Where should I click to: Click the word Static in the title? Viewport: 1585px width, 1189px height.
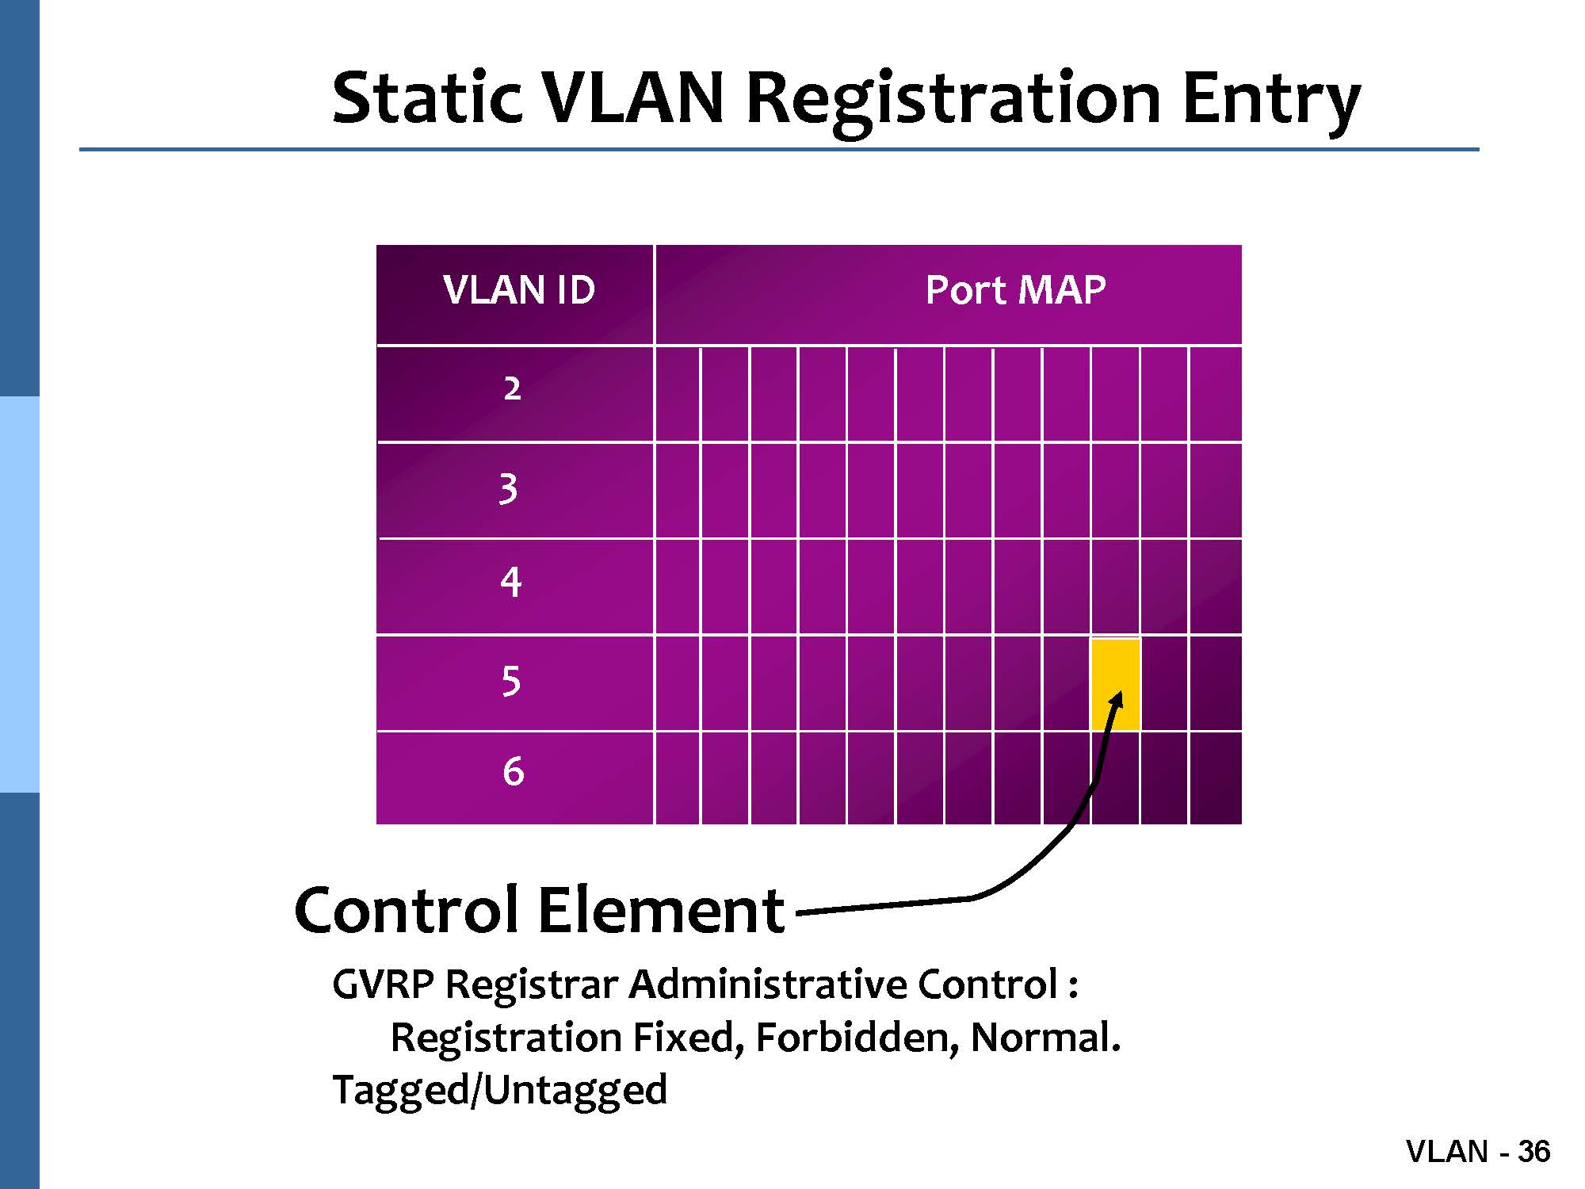[426, 98]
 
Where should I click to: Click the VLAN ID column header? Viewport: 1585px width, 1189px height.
[519, 290]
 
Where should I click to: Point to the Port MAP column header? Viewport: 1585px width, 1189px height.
[1015, 290]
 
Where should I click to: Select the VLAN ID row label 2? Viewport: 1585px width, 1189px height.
[513, 389]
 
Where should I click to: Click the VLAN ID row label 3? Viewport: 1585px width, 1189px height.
[509, 488]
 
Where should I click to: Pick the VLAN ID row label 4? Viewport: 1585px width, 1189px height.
[511, 583]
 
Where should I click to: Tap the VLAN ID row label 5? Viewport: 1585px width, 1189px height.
[511, 681]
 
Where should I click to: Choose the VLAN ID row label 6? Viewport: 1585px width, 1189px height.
[514, 771]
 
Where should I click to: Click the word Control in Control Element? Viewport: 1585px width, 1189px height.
[405, 910]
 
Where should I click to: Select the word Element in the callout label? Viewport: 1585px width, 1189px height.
[661, 910]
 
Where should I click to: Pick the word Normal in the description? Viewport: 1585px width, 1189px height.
[1044, 1038]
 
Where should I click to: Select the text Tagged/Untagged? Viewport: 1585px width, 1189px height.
[499, 1091]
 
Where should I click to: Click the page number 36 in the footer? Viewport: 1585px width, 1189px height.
[1533, 1152]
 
